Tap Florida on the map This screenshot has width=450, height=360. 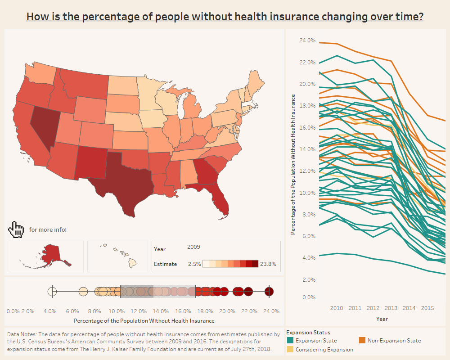click(x=220, y=200)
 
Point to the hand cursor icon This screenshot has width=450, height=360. click(x=16, y=229)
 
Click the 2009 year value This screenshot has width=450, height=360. click(x=193, y=247)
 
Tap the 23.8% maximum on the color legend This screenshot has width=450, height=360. click(x=268, y=264)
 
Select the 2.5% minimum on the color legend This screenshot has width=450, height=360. click(x=194, y=264)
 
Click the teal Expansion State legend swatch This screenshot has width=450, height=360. click(x=290, y=341)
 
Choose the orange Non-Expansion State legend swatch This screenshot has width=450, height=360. click(x=362, y=341)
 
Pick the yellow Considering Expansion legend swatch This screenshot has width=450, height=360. click(x=290, y=350)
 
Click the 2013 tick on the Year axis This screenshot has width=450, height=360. click(x=391, y=308)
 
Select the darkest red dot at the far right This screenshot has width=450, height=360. click(x=269, y=292)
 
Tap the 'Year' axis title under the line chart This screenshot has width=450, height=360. click(x=382, y=319)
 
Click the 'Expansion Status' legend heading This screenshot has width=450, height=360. click(x=308, y=333)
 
